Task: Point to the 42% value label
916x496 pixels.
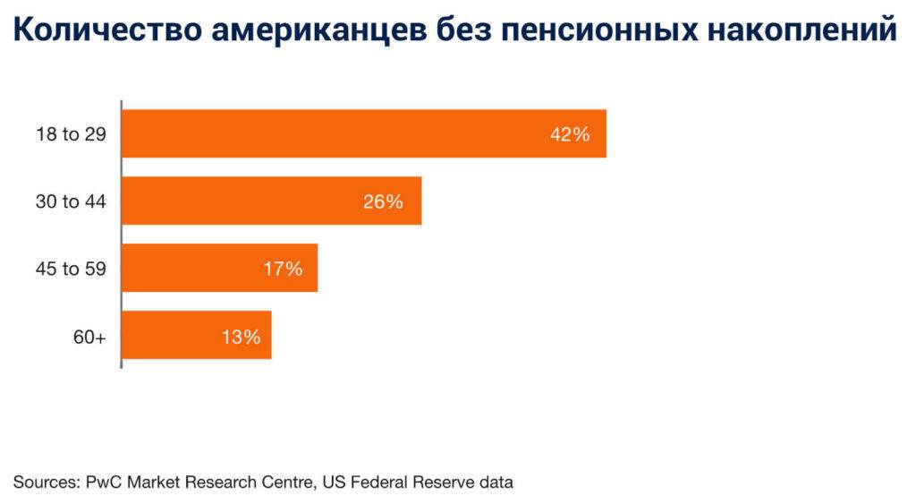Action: (570, 134)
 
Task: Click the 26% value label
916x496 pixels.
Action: (383, 201)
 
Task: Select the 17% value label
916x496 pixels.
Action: (282, 269)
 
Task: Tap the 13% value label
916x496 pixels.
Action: (241, 337)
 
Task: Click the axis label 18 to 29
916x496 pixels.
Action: (72, 134)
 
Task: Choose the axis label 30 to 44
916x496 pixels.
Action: (72, 201)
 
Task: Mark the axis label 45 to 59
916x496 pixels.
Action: (72, 269)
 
